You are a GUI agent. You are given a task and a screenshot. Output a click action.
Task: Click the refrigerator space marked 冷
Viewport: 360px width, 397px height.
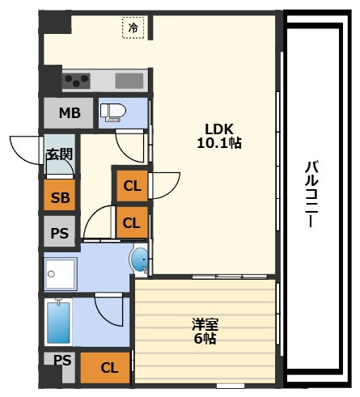(133, 27)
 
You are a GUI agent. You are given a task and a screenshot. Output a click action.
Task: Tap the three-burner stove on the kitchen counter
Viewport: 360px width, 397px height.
(76, 81)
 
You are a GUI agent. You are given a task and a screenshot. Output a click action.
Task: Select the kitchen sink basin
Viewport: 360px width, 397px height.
(129, 81)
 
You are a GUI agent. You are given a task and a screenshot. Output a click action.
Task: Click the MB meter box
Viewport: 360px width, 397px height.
(69, 113)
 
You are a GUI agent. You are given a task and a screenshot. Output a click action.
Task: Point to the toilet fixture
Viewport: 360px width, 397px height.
(113, 113)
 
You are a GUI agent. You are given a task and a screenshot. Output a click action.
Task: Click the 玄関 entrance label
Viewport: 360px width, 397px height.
(60, 154)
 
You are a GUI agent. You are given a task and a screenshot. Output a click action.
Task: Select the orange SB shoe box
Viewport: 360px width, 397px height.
(60, 195)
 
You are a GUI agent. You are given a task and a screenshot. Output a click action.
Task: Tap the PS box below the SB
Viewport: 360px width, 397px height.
(60, 231)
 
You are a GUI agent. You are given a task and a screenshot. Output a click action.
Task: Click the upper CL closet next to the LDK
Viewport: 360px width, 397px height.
(132, 186)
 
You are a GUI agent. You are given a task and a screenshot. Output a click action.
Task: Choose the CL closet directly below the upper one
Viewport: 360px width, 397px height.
(132, 222)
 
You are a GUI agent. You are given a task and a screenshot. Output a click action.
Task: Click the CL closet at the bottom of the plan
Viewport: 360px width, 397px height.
(105, 368)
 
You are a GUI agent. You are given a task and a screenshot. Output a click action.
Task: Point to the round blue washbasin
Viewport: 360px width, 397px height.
(139, 260)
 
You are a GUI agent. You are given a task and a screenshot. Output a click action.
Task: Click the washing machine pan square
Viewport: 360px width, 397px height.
(61, 274)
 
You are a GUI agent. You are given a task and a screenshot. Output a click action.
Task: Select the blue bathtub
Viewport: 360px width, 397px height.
(58, 323)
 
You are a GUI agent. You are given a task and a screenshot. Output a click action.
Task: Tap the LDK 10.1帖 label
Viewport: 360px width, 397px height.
(219, 136)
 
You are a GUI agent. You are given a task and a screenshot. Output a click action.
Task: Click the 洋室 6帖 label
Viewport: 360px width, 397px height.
(205, 332)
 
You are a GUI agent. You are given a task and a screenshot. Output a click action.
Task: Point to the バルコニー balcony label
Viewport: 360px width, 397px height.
(311, 194)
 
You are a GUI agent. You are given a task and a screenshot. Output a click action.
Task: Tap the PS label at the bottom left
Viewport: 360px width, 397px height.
(62, 360)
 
